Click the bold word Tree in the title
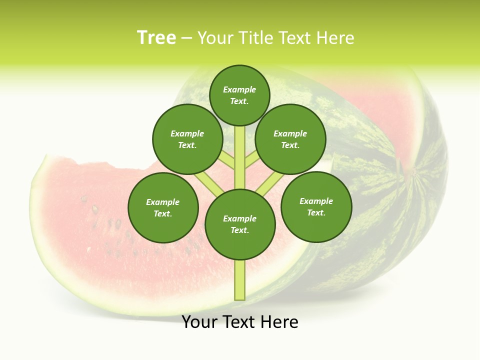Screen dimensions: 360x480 [x=156, y=38]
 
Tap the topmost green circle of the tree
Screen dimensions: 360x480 [x=239, y=95]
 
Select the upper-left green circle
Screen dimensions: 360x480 [x=187, y=139]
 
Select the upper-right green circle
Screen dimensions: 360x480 [x=290, y=139]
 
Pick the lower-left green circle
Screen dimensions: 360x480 [x=163, y=207]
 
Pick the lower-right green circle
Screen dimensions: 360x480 [x=316, y=206]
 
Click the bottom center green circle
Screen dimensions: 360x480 [x=240, y=224]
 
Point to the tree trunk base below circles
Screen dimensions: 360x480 [x=240, y=282]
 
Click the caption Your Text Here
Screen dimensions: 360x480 [x=240, y=322]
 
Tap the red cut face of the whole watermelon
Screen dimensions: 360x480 [x=380, y=115]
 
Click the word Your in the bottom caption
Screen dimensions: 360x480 [x=199, y=322]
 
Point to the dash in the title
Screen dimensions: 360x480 [x=186, y=38]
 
